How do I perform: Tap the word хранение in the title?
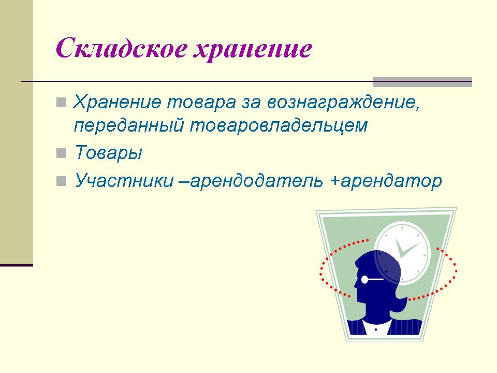253,50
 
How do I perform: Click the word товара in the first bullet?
201,102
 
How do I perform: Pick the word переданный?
129,125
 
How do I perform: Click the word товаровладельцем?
279,126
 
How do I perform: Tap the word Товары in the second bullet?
108,153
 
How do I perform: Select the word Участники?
124,180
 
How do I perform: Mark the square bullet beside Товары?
61,153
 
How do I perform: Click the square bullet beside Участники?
61,181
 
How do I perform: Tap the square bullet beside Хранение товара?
61,103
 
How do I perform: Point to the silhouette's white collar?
376,327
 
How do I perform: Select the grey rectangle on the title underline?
422,82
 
